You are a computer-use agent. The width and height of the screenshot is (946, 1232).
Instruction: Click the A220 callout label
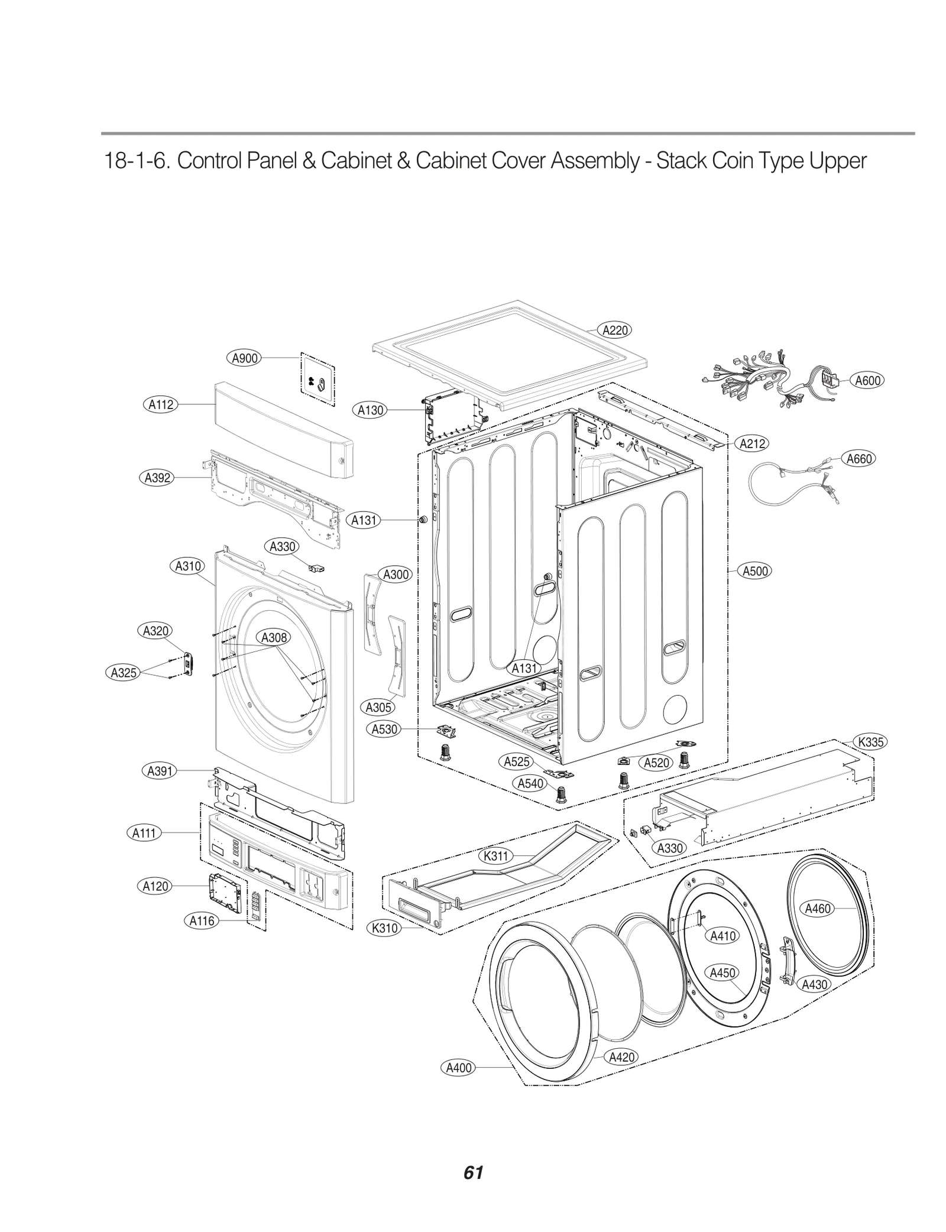(x=614, y=330)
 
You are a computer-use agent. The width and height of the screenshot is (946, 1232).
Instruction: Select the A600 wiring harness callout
(x=867, y=381)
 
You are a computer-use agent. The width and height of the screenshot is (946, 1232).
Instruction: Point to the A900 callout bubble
(x=244, y=358)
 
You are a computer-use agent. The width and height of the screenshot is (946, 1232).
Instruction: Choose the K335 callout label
(x=870, y=742)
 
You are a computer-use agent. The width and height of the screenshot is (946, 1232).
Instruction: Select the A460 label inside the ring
(x=818, y=909)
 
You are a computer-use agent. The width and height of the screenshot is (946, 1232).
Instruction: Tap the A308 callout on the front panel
(x=274, y=637)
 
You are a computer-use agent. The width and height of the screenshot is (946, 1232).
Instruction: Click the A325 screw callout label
(x=124, y=672)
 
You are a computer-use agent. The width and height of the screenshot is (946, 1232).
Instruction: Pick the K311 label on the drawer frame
(x=495, y=855)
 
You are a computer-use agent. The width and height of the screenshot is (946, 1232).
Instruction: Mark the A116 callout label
(x=202, y=920)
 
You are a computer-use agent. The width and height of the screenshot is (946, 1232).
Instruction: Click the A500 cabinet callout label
(x=755, y=571)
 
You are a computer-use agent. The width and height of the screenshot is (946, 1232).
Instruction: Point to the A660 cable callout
(x=858, y=459)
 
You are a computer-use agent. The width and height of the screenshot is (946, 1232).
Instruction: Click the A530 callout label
(x=384, y=729)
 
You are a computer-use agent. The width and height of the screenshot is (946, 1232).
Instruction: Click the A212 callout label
(x=752, y=443)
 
